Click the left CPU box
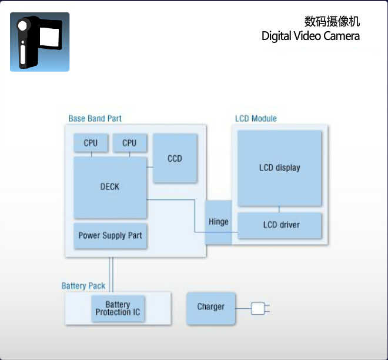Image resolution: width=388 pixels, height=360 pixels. pos(91,143)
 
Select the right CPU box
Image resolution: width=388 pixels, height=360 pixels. pos(129,143)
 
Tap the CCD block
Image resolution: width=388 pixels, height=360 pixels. pos(175,158)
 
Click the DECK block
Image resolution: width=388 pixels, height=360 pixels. pos(110,187)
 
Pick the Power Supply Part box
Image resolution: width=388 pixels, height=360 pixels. pos(111,235)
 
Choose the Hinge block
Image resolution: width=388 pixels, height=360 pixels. pos(219,222)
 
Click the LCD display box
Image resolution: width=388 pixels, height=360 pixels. pos(280,168)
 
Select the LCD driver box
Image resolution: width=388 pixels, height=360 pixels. pos(281,225)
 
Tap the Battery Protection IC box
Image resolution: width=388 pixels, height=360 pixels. pos(118,308)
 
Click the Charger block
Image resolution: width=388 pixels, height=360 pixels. pos(211,307)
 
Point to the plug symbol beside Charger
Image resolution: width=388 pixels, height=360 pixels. pos(259,308)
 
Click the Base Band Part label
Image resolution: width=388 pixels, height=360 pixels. pos(95,119)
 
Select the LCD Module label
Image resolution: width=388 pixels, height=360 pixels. pos(256,119)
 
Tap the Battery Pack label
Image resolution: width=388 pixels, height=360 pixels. pos(83,286)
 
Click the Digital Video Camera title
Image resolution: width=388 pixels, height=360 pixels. pos(310,36)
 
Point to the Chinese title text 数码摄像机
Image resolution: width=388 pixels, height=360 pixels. pos(332,21)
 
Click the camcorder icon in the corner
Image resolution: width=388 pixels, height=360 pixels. pos(39,42)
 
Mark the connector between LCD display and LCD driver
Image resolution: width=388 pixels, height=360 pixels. pos(279,209)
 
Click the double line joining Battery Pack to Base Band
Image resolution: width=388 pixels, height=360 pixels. pos(111,274)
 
